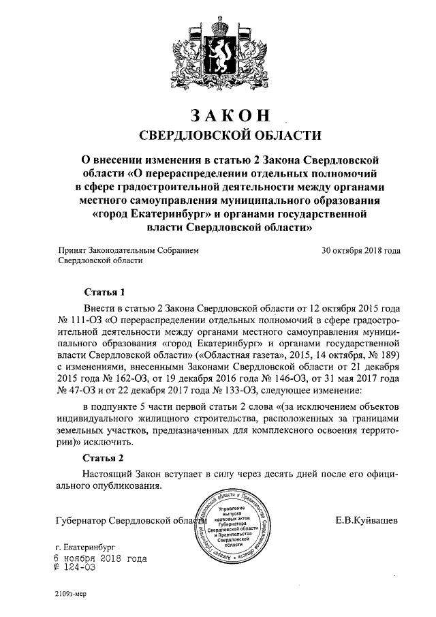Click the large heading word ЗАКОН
click(x=219, y=112)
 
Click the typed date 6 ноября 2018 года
click(x=101, y=558)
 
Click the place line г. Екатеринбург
click(x=86, y=547)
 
